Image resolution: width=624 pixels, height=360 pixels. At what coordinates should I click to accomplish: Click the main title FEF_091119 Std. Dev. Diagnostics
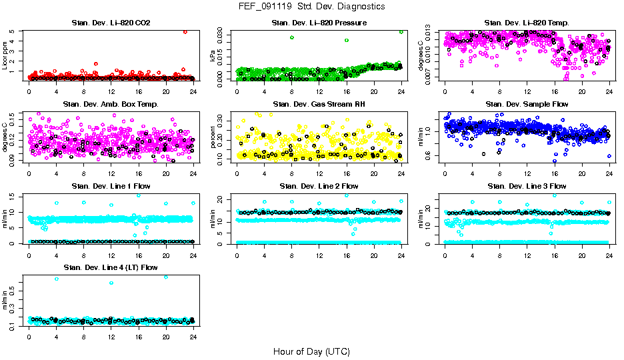pyautogui.click(x=311, y=6)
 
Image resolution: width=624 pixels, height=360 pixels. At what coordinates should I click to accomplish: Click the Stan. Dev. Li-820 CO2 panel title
pyautogui.click(x=111, y=23)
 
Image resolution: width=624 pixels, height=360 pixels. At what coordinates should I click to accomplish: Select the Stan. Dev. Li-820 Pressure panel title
pyautogui.click(x=319, y=23)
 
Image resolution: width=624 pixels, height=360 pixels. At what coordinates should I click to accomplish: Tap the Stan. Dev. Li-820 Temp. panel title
pyautogui.click(x=526, y=23)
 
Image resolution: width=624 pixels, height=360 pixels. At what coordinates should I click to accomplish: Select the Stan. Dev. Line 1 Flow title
pyautogui.click(x=111, y=186)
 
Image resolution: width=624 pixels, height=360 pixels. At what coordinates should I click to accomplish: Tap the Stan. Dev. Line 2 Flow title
pyautogui.click(x=319, y=186)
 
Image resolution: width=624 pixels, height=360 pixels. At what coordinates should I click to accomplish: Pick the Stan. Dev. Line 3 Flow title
pyautogui.click(x=526, y=186)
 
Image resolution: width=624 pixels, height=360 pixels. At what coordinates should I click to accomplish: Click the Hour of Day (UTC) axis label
pyautogui.click(x=311, y=351)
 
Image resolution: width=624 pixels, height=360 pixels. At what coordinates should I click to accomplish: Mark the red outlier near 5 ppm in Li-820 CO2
pyautogui.click(x=185, y=31)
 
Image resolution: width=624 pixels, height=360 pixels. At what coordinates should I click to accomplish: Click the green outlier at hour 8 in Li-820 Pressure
pyautogui.click(x=291, y=37)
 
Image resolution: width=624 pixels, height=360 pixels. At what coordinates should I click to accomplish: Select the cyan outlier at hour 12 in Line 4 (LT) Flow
pyautogui.click(x=111, y=283)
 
